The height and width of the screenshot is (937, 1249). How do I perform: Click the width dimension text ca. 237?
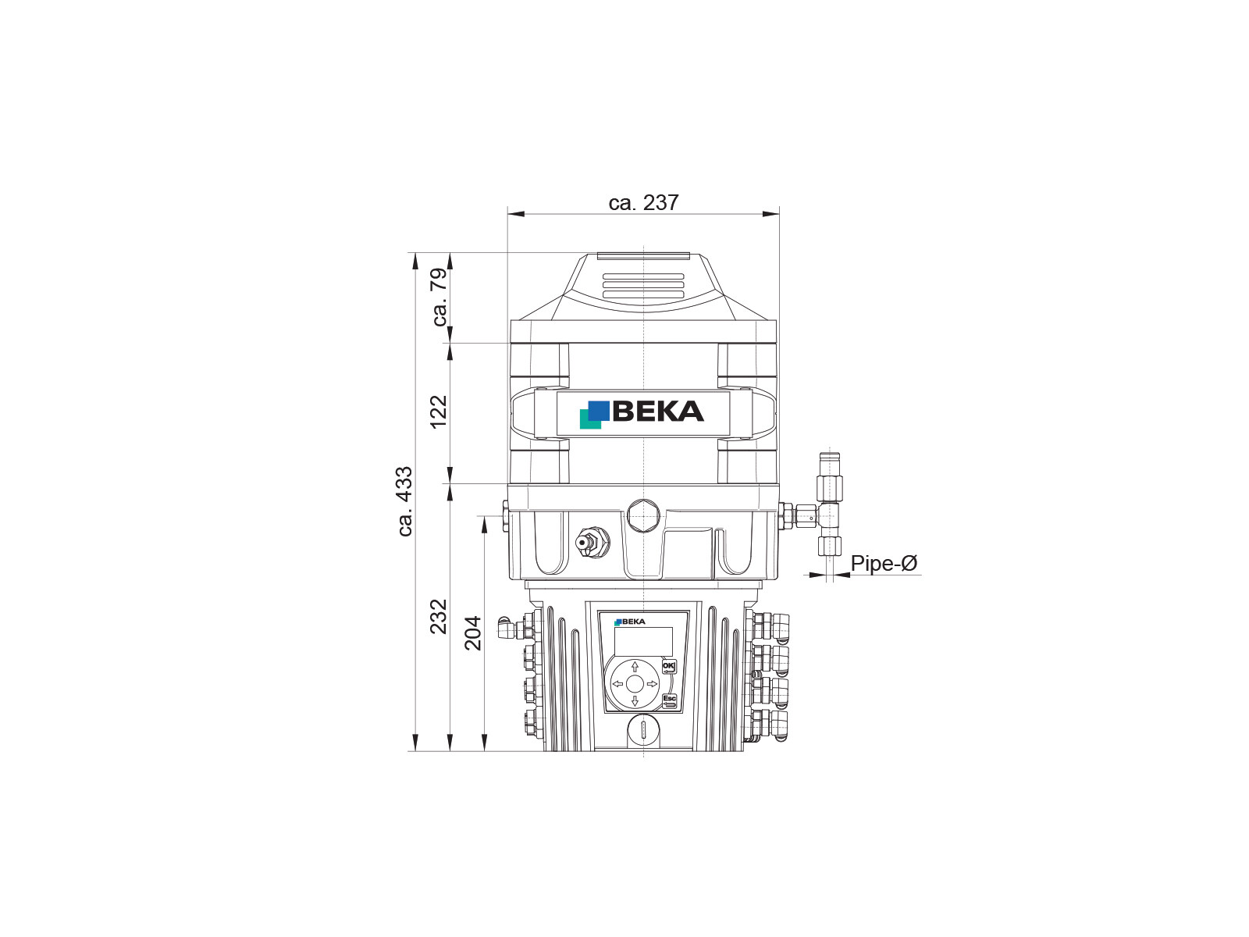point(643,202)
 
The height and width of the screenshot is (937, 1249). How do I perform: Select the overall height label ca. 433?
point(405,501)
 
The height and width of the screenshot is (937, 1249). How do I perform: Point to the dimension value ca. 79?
point(439,297)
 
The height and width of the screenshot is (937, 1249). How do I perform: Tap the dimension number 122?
point(439,412)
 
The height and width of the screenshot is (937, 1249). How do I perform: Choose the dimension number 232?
point(439,617)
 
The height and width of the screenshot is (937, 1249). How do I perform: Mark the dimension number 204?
point(473,633)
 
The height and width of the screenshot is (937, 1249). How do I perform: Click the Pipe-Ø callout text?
point(884,563)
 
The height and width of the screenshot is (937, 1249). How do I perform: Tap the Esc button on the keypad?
point(669,699)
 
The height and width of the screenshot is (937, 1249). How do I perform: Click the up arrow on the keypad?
point(635,666)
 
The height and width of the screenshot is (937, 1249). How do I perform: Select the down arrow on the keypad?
point(635,701)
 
